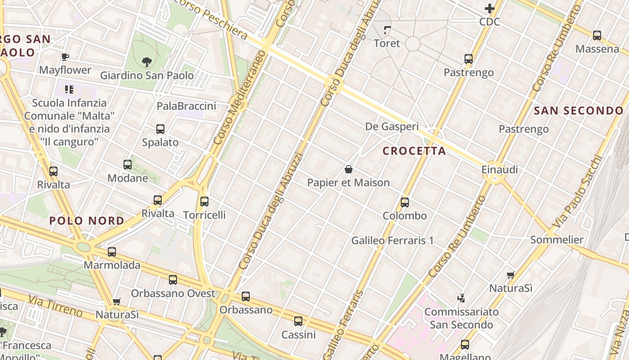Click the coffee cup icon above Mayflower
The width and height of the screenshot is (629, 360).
pos(65,57)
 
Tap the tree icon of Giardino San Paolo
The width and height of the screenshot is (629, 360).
pos(146,62)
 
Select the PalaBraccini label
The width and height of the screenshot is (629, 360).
pos(186,106)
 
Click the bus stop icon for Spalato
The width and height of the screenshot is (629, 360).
pos(160,129)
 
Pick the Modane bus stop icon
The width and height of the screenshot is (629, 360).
pos(128,165)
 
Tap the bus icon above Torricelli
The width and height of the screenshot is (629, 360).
pos(204,201)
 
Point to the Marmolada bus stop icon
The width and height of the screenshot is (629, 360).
pos(112,252)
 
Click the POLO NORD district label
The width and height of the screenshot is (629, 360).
pos(87,221)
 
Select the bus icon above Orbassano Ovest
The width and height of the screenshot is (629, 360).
pos(173,280)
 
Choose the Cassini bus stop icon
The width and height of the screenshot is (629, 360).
pos(298,321)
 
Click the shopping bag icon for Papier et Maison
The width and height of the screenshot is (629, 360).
pos(348,170)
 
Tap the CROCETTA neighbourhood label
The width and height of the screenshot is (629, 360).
pos(414,151)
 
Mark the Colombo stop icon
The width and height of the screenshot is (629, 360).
pos(405,202)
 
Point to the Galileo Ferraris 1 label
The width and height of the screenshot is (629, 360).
pos(392,241)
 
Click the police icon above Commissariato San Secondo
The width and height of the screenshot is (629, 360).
pos(461,298)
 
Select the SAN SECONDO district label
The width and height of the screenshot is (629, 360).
pos(579,111)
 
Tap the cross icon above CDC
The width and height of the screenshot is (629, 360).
pos(489,9)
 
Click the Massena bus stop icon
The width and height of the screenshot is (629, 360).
pos(597,36)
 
